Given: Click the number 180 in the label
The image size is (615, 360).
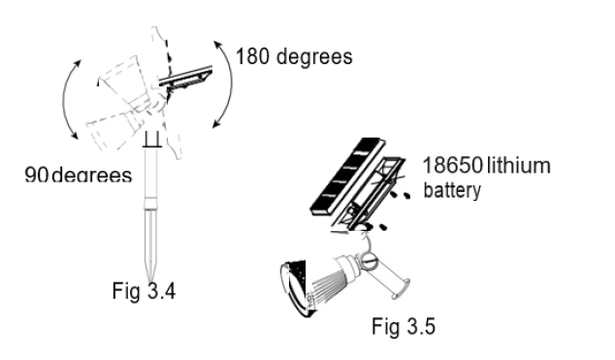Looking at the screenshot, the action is tap(252, 56).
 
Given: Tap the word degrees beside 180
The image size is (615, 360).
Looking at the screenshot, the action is tap(314, 57).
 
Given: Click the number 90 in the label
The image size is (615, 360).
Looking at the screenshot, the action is tap(36, 174).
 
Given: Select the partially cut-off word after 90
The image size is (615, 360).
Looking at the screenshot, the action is tap(92, 175).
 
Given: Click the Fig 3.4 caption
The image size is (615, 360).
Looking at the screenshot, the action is tap(144, 290).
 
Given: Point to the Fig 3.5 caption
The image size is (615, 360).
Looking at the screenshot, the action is tap(404, 326).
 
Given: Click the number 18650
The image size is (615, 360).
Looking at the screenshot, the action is tap(453, 165).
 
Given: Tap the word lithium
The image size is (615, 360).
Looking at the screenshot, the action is tap(519, 165).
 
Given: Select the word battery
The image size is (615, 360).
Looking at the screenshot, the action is tap(452, 190).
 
